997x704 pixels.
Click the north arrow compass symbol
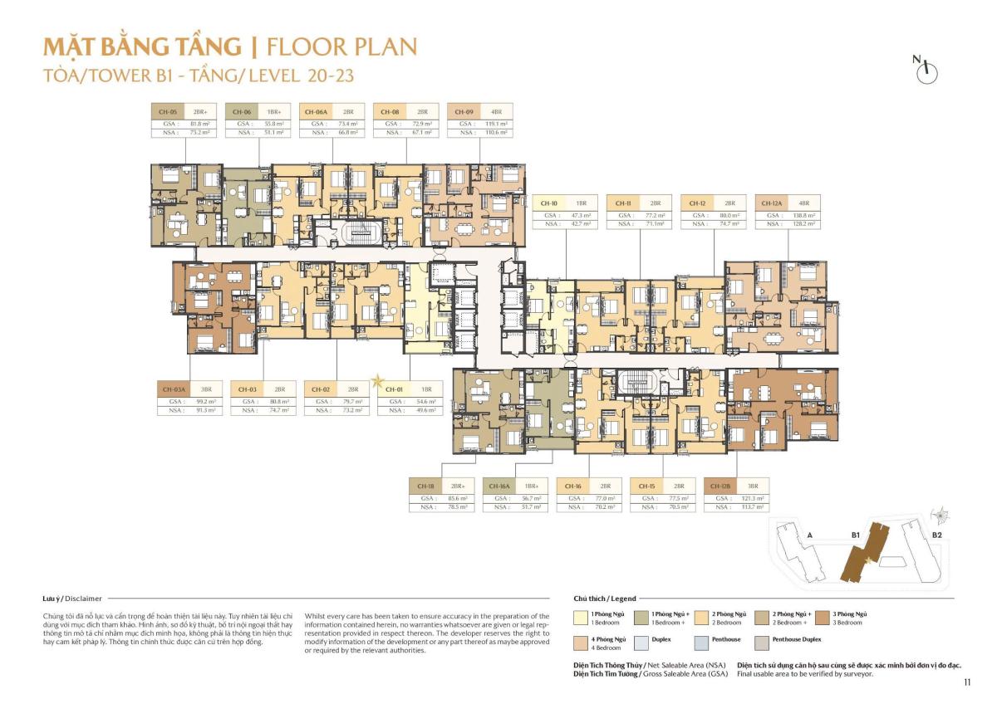point(925,71)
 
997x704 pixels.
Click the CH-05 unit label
point(168,111)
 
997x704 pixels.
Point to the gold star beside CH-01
point(377,381)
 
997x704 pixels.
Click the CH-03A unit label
point(174,389)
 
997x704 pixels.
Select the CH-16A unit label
point(499,486)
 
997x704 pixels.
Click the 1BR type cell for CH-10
point(582,203)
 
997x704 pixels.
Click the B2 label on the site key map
point(936,535)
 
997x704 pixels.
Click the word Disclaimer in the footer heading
point(83,598)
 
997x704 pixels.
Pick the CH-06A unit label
point(316,111)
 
